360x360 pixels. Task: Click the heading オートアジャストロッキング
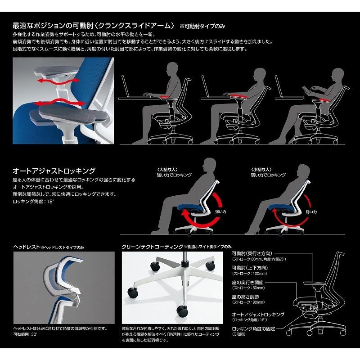[x=54, y=171]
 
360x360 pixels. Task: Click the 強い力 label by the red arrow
[x=221, y=211]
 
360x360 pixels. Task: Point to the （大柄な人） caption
[x=166, y=169]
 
